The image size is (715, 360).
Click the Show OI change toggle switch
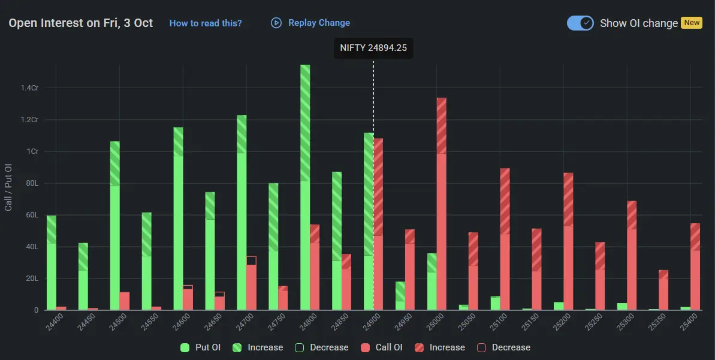[x=580, y=23]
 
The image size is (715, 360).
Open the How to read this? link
[x=206, y=23]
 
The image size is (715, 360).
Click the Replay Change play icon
[x=276, y=23]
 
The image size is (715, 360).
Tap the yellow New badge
[x=692, y=23]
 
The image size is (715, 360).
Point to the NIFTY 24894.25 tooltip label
[x=373, y=48]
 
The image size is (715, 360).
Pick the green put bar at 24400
[x=52, y=264]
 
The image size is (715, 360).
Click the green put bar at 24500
[x=114, y=228]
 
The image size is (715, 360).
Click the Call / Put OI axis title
[x=8, y=187]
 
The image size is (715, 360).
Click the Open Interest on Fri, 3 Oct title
[x=81, y=23]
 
